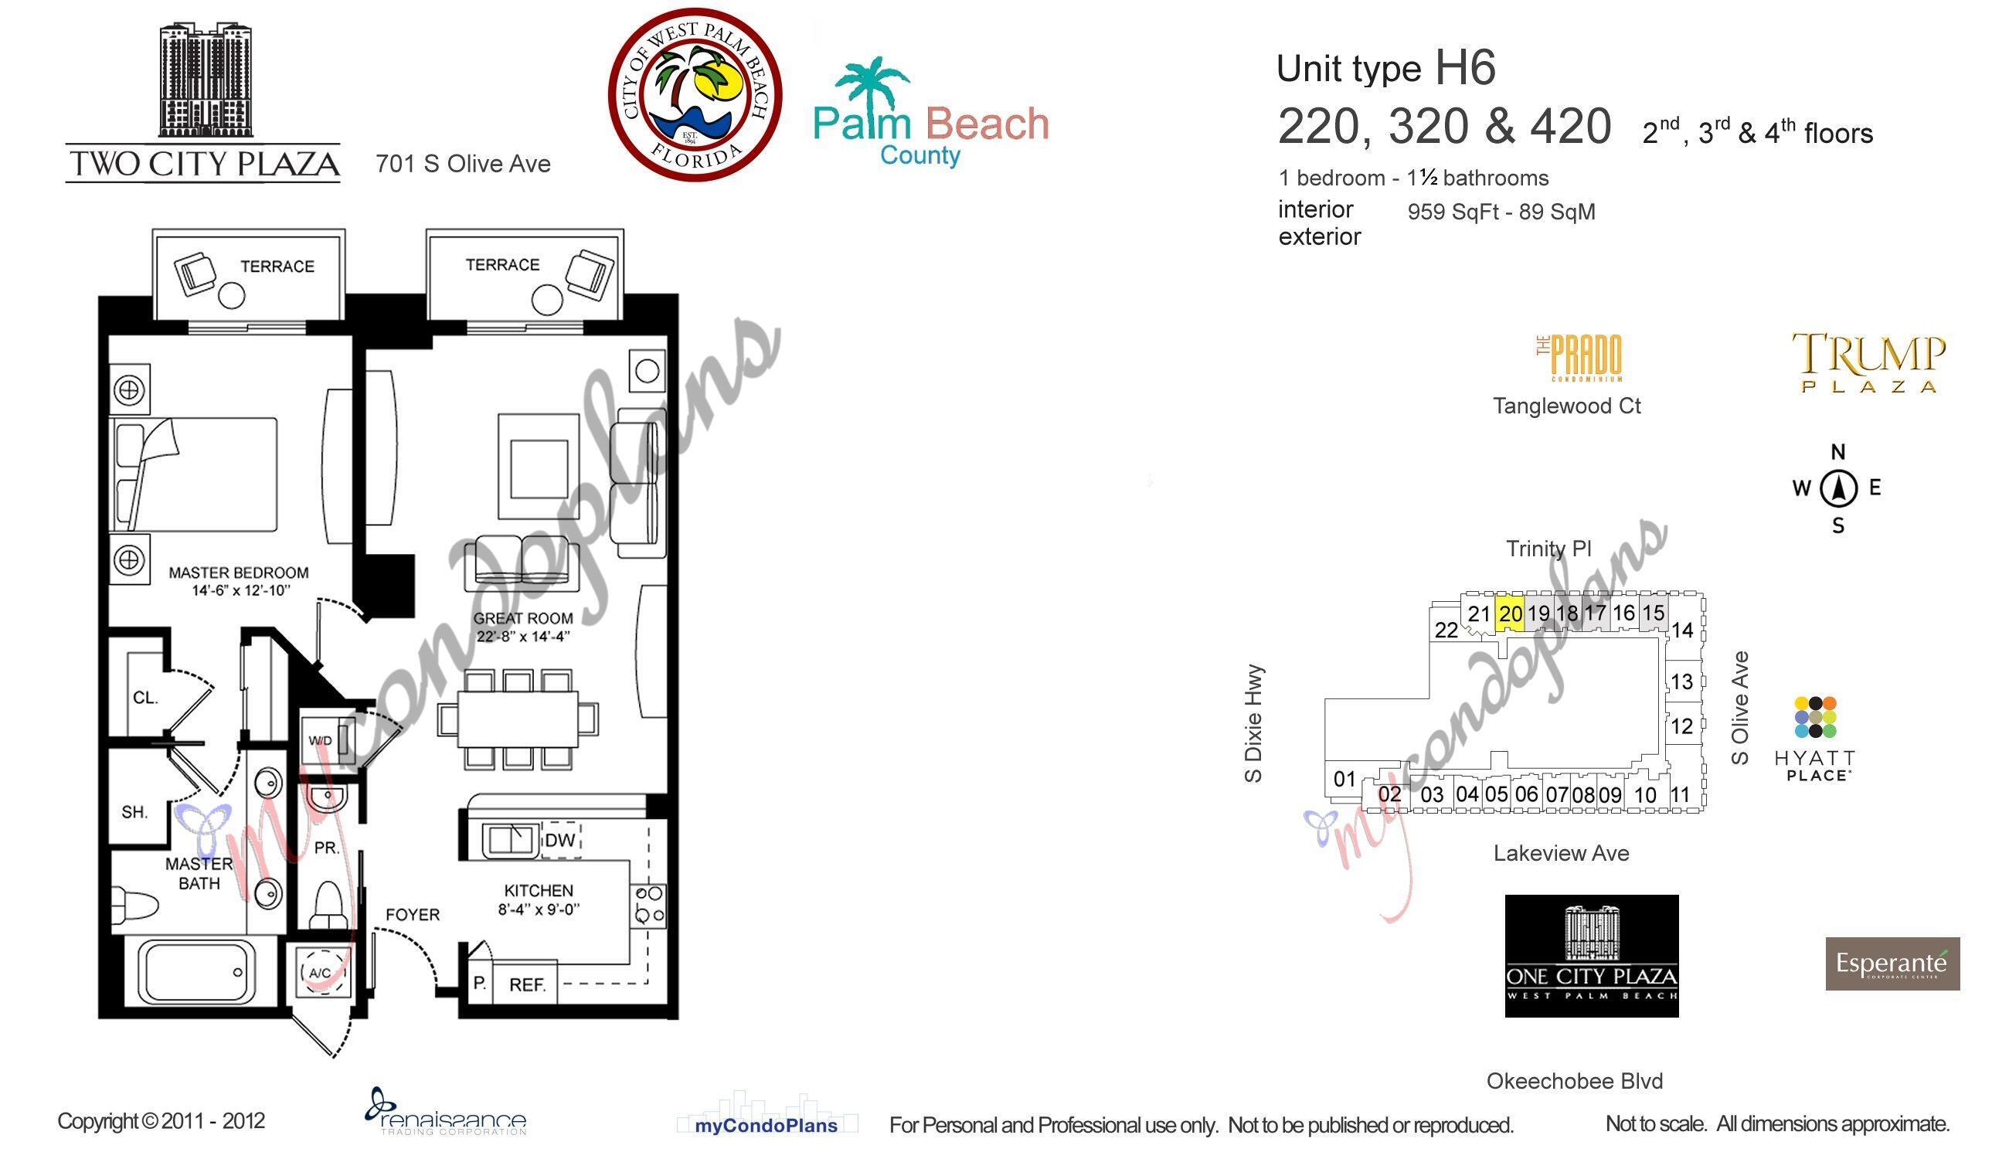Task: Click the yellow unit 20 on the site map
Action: (1510, 614)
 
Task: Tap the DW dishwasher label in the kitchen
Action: (560, 841)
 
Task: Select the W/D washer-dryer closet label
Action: (320, 740)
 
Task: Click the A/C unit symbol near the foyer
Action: (321, 973)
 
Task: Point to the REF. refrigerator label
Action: (528, 984)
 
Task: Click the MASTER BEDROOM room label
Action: (239, 573)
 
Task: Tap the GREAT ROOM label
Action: (523, 618)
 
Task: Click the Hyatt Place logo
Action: (1815, 739)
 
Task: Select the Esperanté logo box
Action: (1893, 964)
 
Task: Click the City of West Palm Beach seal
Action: (695, 95)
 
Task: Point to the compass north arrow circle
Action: (1839, 488)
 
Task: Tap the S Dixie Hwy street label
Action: (1253, 723)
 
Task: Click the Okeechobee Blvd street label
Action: (1575, 1081)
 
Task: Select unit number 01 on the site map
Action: (1344, 779)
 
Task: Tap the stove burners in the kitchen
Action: (649, 905)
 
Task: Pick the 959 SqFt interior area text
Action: (1501, 212)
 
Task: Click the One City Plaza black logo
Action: (1592, 956)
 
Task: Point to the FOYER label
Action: (413, 915)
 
